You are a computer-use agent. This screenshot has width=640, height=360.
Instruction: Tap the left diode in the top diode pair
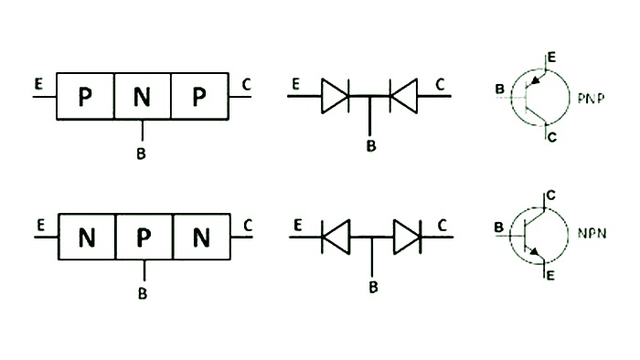(x=336, y=96)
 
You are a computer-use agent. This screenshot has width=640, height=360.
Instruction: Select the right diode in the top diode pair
(x=403, y=96)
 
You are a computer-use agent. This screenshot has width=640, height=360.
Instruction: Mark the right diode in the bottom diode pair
(x=406, y=238)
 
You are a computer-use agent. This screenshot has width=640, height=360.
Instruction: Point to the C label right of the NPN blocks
(x=248, y=224)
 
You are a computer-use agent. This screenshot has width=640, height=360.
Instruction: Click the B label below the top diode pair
(x=370, y=146)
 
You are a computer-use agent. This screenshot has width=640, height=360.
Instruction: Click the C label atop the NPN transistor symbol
(x=549, y=195)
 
